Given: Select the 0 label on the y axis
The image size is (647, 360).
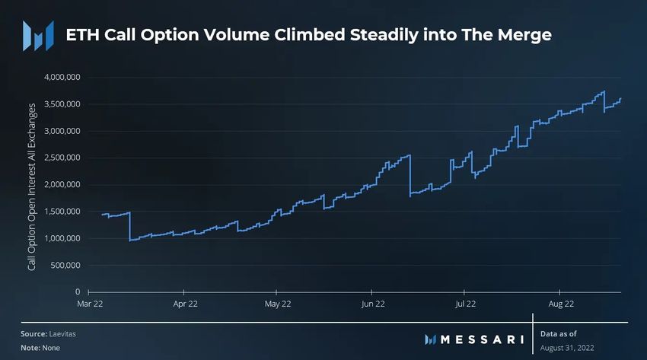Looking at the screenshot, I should [78, 292].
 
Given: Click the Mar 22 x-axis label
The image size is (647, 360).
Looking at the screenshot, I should [90, 303].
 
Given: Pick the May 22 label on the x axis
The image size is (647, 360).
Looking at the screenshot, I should [278, 303].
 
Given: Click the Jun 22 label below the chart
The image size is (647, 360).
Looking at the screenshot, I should [372, 303].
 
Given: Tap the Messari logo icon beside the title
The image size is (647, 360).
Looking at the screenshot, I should [38, 35].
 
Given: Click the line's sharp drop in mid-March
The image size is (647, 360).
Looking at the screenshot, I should [129, 227].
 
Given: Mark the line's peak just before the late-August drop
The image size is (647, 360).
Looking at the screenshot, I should [604, 92].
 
